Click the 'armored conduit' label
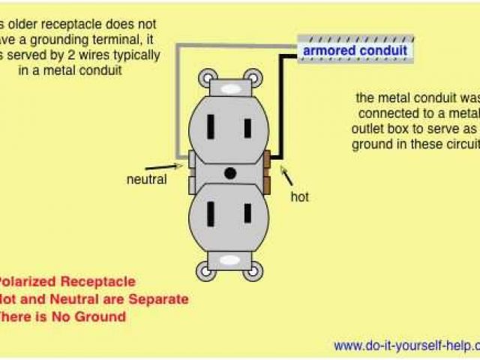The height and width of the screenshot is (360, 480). (355, 51)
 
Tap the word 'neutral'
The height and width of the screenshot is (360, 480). (147, 179)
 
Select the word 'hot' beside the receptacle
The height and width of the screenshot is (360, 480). (300, 197)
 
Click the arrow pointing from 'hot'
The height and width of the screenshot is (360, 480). (286, 175)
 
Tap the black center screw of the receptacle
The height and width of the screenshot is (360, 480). (230, 173)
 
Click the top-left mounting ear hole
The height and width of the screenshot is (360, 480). (206, 76)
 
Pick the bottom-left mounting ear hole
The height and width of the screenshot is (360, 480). (206, 270)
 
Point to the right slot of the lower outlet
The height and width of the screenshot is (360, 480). (246, 214)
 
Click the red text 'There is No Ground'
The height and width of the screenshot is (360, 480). (63, 316)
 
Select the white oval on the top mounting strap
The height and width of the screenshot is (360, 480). (230, 87)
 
